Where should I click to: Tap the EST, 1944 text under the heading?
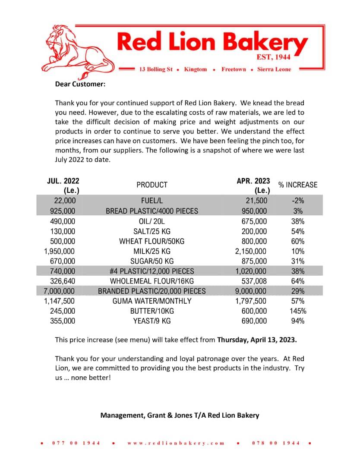(276, 57)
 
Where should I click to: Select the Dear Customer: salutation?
(80, 84)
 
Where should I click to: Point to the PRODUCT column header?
(152, 185)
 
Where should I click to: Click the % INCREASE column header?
(297, 185)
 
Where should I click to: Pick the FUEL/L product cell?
(152, 201)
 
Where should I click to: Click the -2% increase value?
(297, 201)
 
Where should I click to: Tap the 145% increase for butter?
(297, 311)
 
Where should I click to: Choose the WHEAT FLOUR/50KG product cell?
(152, 241)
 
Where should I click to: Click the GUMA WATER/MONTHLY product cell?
(152, 301)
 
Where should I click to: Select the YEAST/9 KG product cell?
(152, 321)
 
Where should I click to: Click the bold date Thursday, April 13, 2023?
(257, 340)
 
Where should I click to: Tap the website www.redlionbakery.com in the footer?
(176, 443)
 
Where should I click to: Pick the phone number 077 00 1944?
(76, 443)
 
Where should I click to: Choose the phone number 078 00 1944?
(276, 443)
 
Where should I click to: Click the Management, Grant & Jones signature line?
(180, 416)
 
